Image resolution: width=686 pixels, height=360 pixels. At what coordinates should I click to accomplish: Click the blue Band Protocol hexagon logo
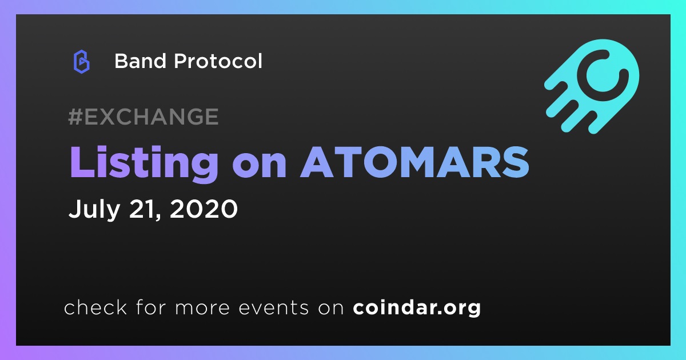pyautogui.click(x=81, y=62)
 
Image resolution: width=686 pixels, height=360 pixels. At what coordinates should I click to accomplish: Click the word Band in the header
pyautogui.click(x=140, y=61)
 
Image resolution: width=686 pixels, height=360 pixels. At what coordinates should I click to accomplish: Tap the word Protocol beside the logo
pyautogui.click(x=218, y=61)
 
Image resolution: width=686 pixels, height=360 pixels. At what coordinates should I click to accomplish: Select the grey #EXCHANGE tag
pyautogui.click(x=143, y=117)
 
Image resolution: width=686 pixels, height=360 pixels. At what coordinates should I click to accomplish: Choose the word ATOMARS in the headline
pyautogui.click(x=414, y=162)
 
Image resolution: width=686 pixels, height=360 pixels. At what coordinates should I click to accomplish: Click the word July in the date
pyautogui.click(x=94, y=210)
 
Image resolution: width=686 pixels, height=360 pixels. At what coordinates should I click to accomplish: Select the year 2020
pyautogui.click(x=204, y=209)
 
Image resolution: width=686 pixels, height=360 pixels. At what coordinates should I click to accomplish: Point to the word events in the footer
pyautogui.click(x=274, y=307)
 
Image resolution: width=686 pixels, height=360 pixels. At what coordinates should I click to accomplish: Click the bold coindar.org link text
pyautogui.click(x=417, y=307)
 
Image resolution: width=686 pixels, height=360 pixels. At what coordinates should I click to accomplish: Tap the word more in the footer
pyautogui.click(x=202, y=309)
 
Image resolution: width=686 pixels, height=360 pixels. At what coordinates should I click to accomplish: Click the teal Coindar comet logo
pyautogui.click(x=592, y=86)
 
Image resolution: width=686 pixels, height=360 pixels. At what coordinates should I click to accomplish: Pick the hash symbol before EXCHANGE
pyautogui.click(x=75, y=117)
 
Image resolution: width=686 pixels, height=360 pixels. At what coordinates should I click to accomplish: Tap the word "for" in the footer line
pyautogui.click(x=151, y=307)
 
